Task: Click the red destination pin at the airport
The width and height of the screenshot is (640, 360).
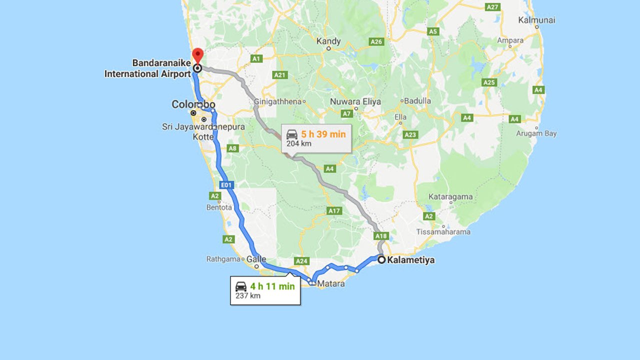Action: [x=198, y=55]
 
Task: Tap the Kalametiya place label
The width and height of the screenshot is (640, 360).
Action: [x=410, y=260]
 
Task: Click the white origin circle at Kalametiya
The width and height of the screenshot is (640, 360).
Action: [x=381, y=259]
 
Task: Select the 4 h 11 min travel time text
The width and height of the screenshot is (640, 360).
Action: [x=272, y=286]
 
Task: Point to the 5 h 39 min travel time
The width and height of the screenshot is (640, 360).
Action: [x=323, y=134]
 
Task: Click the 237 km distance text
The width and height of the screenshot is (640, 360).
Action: [x=248, y=295]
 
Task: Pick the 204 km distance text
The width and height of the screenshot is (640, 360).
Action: [x=299, y=143]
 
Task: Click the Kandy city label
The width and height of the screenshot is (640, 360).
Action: [x=329, y=41]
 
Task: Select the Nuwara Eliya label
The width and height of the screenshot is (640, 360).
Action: [x=355, y=101]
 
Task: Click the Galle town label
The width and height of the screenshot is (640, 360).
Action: [x=256, y=259]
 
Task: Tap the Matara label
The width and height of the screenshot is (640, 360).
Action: [x=330, y=283]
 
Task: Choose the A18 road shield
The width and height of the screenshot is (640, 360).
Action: [x=381, y=235]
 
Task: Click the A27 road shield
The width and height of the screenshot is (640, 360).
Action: [x=493, y=7]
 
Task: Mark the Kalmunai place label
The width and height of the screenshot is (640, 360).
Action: [x=537, y=20]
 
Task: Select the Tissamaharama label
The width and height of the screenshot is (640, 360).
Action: [x=443, y=232]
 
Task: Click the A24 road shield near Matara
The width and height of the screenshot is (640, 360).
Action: [x=301, y=261]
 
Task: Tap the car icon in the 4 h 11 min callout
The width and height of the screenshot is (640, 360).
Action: [x=241, y=286]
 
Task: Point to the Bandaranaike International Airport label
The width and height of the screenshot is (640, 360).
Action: [x=148, y=68]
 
